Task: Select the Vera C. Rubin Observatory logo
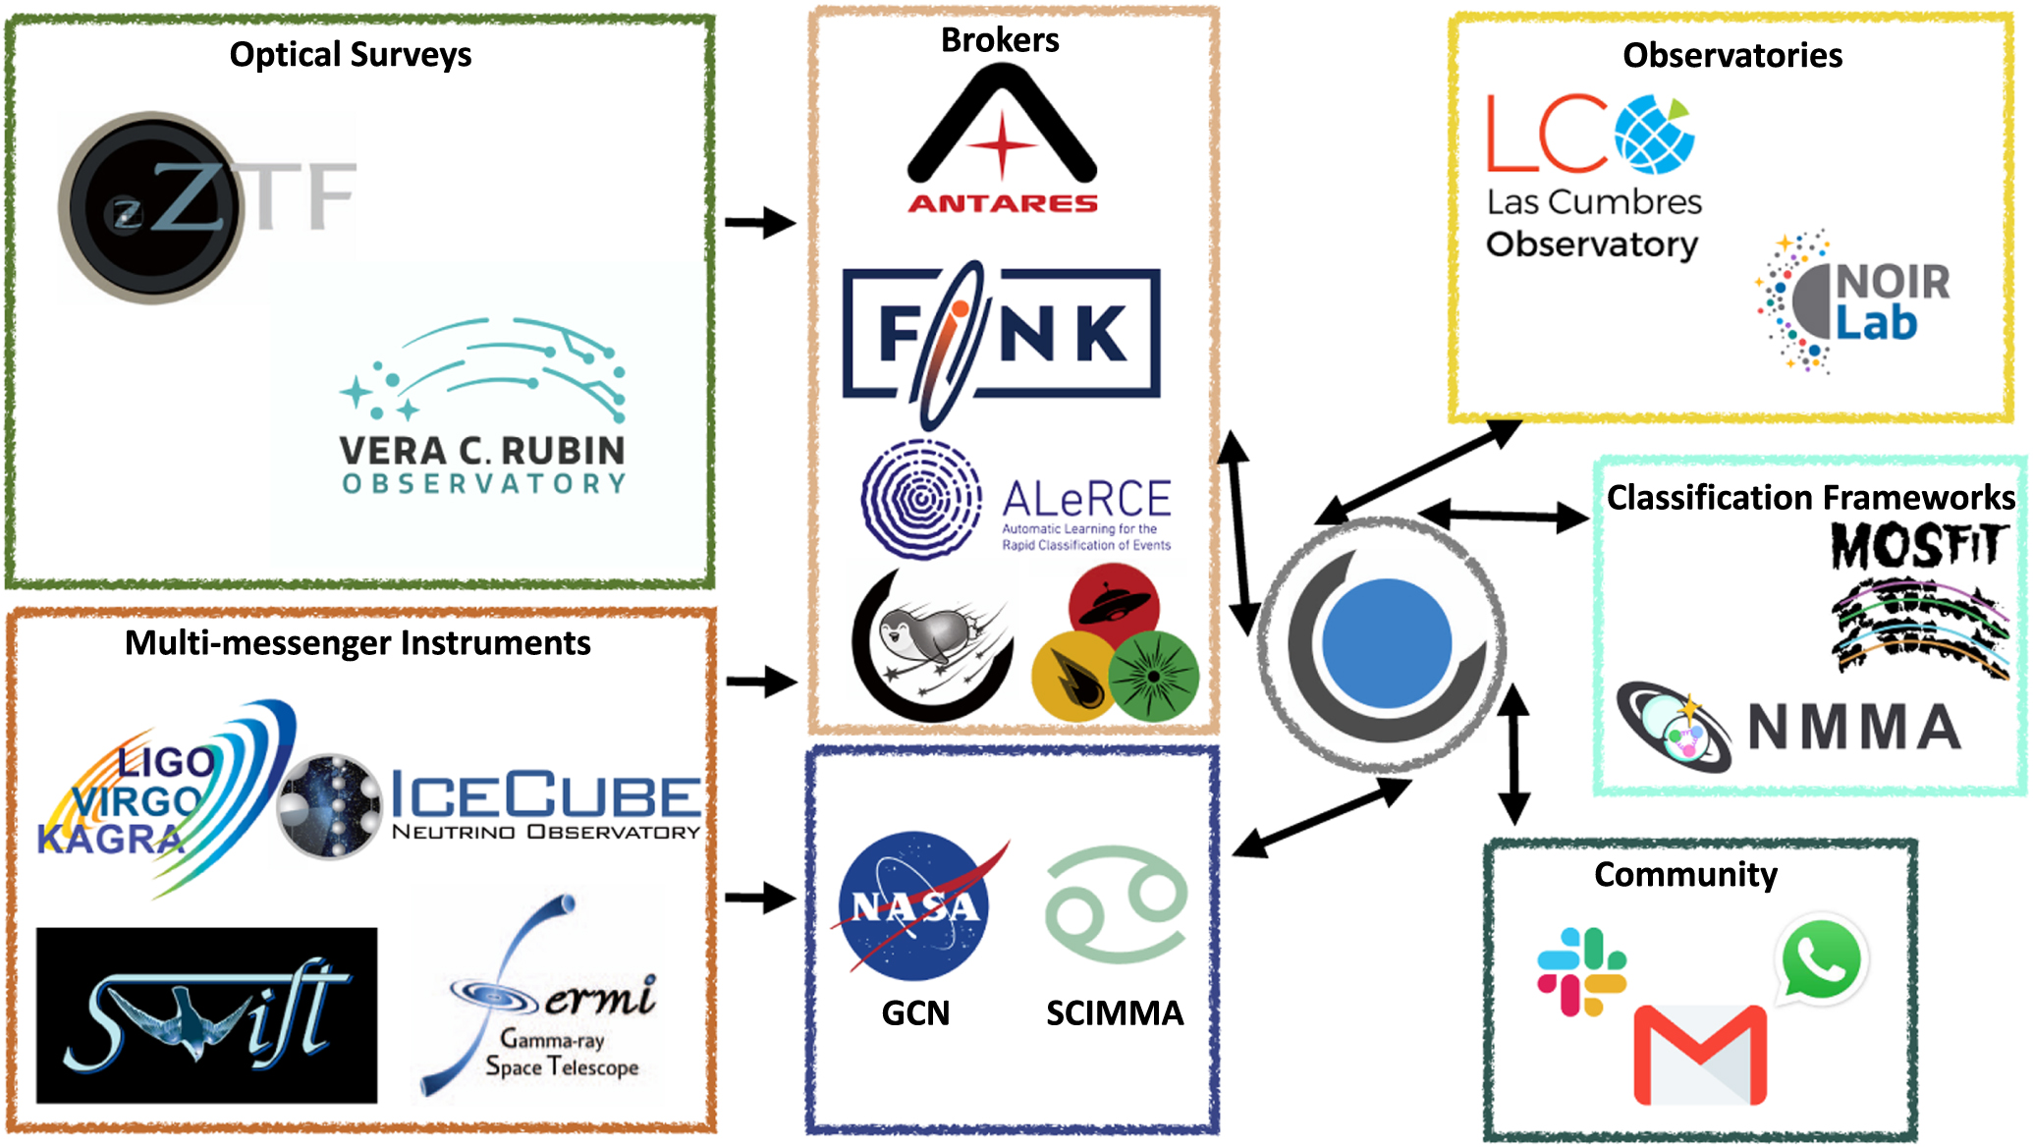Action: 482,407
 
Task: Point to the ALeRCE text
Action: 1086,499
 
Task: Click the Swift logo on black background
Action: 206,1015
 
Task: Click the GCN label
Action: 915,1012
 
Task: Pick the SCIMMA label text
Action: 1115,1012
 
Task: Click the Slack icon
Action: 1581,971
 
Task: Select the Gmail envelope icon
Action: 1700,1055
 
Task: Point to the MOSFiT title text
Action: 1915,546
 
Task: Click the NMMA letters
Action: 1854,728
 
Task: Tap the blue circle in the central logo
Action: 1386,643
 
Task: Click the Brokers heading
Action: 1000,40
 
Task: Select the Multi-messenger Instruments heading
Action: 357,642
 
